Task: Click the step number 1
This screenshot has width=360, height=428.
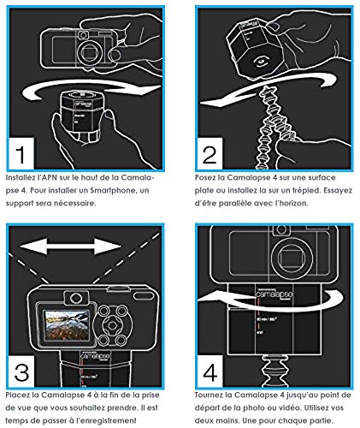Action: point(21,154)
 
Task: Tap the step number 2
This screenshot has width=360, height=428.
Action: point(210,155)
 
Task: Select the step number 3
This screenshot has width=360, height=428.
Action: point(21,372)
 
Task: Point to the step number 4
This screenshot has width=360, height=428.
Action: point(210,372)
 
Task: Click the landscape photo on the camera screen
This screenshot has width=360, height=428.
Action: point(66,325)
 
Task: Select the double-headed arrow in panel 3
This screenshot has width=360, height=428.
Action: point(71,246)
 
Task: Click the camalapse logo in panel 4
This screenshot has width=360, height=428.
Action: point(274,294)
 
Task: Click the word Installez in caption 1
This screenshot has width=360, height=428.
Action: point(20,177)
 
